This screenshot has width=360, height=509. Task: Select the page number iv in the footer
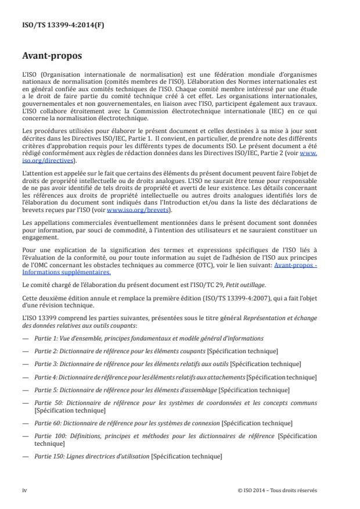click(24, 490)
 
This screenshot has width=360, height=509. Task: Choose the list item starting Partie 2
click(154, 350)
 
